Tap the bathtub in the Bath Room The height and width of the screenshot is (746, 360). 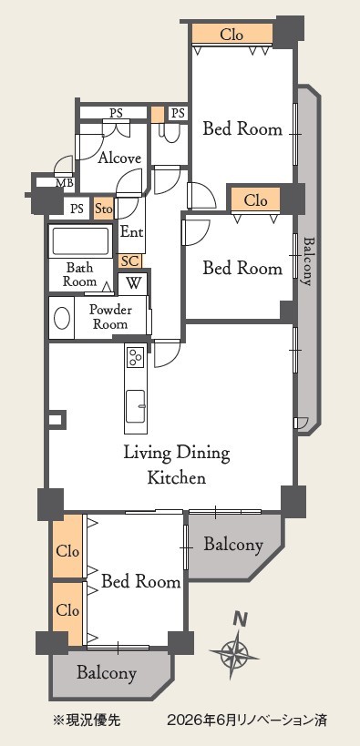(x=80, y=242)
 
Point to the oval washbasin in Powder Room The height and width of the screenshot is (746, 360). (x=62, y=317)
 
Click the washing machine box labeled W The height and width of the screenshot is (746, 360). (x=134, y=283)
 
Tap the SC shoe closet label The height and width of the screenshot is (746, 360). (x=129, y=261)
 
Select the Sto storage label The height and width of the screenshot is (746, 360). (x=104, y=209)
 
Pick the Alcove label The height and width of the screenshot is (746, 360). (x=119, y=158)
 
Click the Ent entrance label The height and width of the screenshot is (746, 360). (x=131, y=232)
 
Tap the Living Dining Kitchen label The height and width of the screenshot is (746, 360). (x=176, y=465)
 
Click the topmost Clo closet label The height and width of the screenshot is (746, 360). (x=231, y=35)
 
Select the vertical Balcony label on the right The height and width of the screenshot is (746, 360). (x=308, y=261)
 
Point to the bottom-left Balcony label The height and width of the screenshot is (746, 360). (x=107, y=673)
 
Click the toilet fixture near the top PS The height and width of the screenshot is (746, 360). (x=170, y=133)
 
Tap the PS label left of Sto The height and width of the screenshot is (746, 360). (x=77, y=209)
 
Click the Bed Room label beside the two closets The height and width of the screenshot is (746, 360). (x=141, y=581)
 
